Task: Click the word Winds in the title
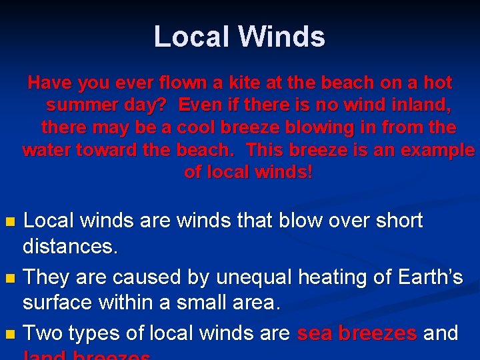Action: (x=283, y=37)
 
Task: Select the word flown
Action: (x=185, y=83)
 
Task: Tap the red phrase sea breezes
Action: (x=357, y=333)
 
